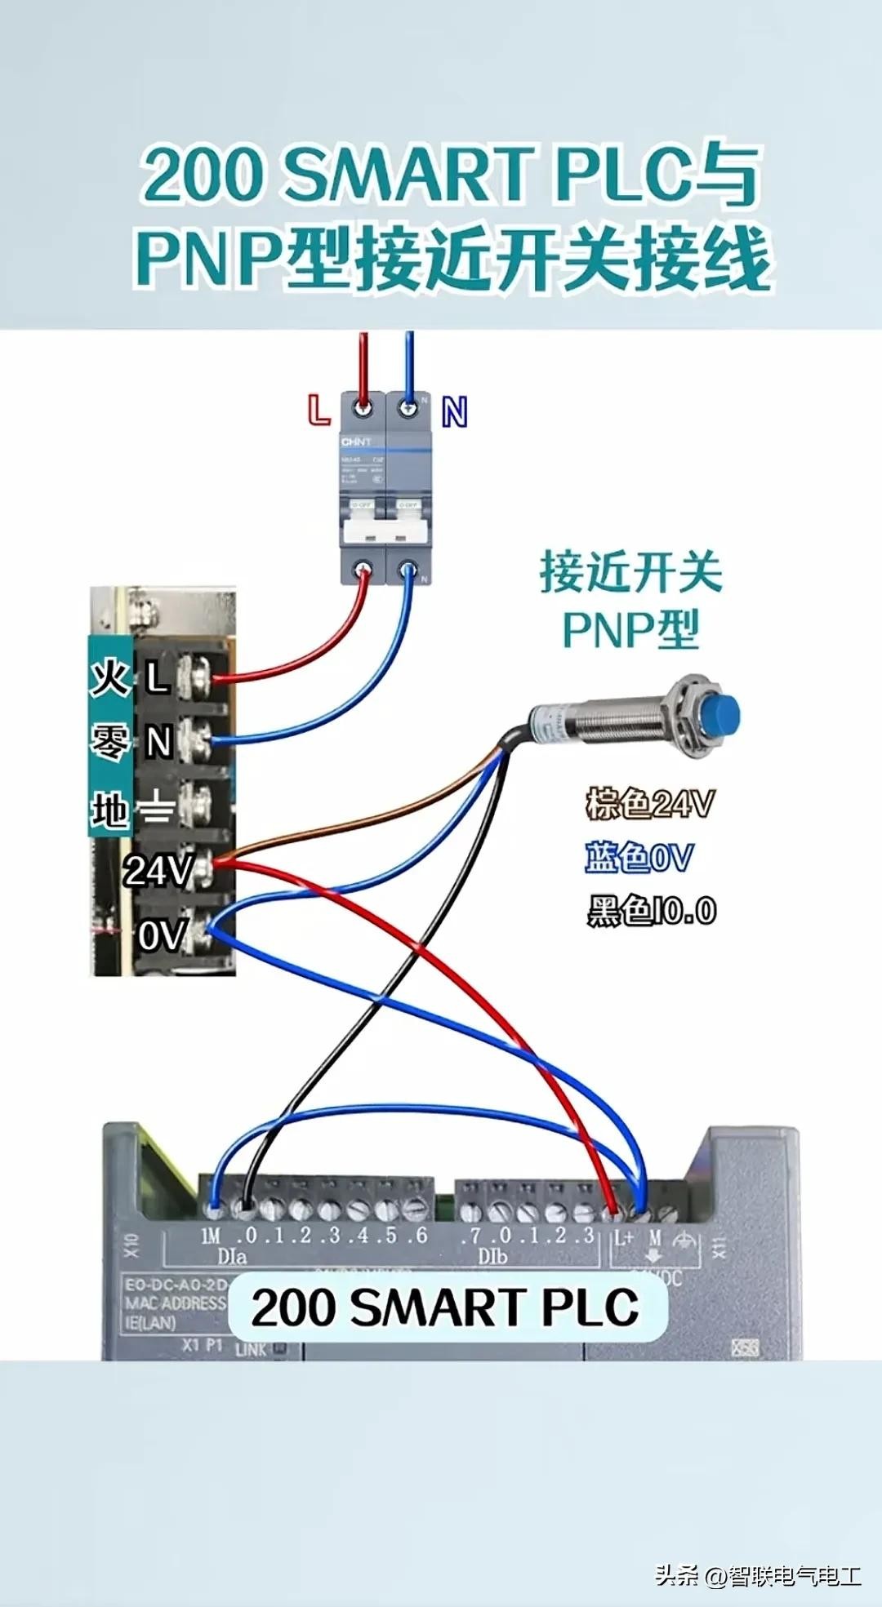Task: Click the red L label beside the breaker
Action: pyautogui.click(x=318, y=409)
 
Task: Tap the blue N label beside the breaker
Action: pyautogui.click(x=454, y=411)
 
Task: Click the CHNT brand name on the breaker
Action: pyautogui.click(x=356, y=442)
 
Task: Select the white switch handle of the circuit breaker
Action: pyautogui.click(x=386, y=531)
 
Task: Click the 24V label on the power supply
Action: pyautogui.click(x=158, y=870)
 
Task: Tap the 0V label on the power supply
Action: pyautogui.click(x=162, y=935)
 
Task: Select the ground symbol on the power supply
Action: pyautogui.click(x=155, y=809)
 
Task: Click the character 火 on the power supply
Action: pyautogui.click(x=109, y=677)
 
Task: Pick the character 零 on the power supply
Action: pyautogui.click(x=109, y=743)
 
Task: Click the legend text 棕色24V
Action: pyautogui.click(x=650, y=804)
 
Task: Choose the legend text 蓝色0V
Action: pyautogui.click(x=639, y=858)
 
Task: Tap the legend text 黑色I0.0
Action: pyautogui.click(x=652, y=911)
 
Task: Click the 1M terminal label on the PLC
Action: pyautogui.click(x=211, y=1236)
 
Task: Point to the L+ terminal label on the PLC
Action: pyautogui.click(x=624, y=1237)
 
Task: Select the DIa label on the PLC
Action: pyautogui.click(x=232, y=1256)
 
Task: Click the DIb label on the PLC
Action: pyautogui.click(x=492, y=1256)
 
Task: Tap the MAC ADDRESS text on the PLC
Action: pyautogui.click(x=175, y=1303)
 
